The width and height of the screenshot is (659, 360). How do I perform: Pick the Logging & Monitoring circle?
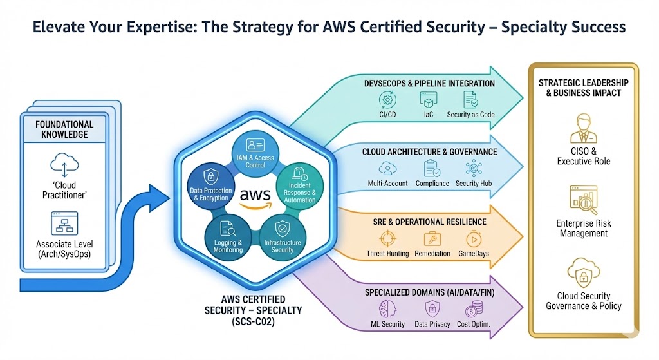(226, 236)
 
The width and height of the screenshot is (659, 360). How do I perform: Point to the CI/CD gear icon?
(388, 100)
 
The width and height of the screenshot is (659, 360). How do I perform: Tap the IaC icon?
(429, 100)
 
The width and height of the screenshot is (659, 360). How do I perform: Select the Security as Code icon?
(470, 100)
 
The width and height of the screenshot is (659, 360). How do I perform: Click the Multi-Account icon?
(387, 168)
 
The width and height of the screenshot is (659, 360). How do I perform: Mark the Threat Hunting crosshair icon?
(387, 238)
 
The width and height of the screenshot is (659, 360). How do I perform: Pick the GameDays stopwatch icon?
(473, 238)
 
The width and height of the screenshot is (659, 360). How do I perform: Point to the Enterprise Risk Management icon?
(583, 200)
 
